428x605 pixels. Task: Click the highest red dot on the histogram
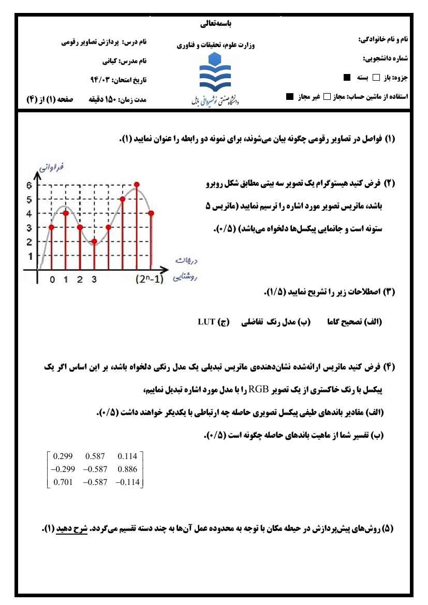pos(137,184)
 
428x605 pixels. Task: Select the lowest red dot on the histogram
pos(94,241)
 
